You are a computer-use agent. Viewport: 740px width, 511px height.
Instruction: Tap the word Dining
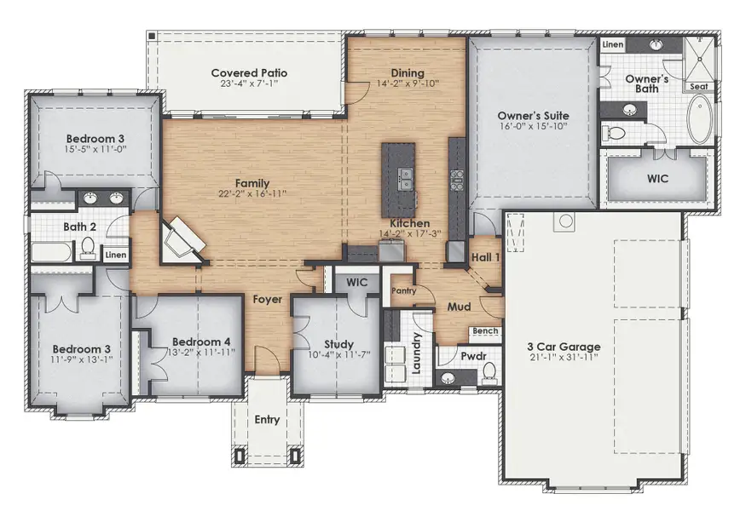pos(407,73)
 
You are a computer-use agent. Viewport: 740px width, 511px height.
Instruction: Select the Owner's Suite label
pos(533,115)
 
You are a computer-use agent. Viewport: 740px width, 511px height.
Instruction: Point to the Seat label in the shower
pos(698,86)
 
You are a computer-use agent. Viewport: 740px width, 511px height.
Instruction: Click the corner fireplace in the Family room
pos(183,238)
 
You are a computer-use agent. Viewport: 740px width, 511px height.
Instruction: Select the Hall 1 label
pos(486,256)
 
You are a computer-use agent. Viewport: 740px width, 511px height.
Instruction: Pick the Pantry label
pos(402,290)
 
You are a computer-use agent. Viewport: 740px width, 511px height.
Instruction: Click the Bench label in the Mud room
pos(485,330)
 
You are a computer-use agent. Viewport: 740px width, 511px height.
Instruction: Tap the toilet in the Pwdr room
pos(489,371)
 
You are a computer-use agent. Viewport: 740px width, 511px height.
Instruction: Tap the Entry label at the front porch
pos(267,420)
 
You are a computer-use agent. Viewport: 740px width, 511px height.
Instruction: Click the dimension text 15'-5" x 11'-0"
pos(97,150)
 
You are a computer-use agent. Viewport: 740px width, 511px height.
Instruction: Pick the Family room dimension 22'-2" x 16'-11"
pos(252,194)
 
